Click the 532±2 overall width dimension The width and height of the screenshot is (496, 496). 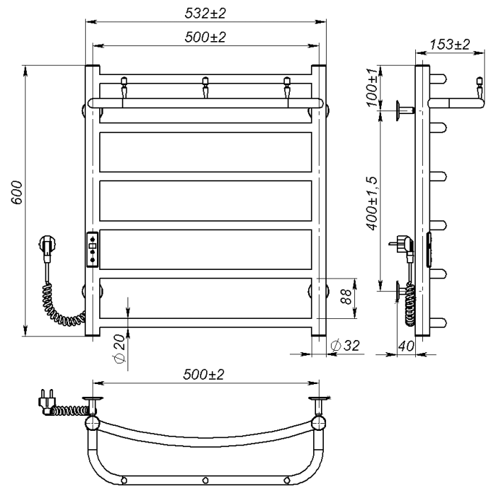coord(205,13)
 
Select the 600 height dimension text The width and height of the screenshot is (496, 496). coord(17,193)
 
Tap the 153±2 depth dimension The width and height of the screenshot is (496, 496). coord(449,45)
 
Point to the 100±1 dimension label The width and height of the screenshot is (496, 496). coord(372,87)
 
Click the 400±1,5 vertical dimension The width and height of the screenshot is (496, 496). coord(372,203)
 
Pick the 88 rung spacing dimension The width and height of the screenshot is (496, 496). coord(346,296)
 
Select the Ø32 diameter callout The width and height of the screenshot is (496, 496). coord(345,345)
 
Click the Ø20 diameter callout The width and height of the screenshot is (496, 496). coord(119,349)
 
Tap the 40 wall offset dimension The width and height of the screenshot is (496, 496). coord(406,346)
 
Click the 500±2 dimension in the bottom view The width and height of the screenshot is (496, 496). coord(204,375)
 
